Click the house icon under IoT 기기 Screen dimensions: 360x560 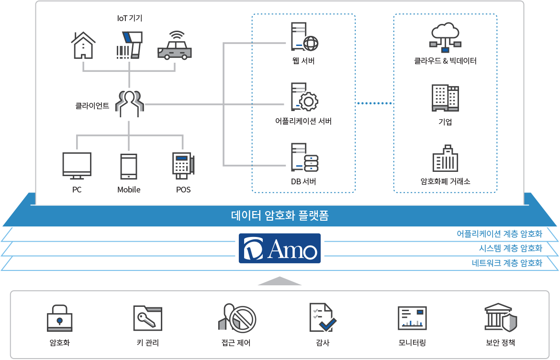tap(83, 45)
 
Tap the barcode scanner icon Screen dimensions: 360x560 tap(129, 45)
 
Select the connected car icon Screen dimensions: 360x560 tap(174, 46)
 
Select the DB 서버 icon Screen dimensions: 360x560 tap(304, 157)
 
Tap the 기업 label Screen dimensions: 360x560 tap(445, 122)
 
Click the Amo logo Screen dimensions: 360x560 tap(280, 248)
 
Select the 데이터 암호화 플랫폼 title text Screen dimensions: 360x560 tap(280, 216)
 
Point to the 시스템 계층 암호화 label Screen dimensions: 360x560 tap(510, 248)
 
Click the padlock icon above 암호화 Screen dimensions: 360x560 tap(59, 317)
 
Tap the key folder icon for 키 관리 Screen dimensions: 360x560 tap(147, 317)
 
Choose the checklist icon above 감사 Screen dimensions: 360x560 tap(323, 317)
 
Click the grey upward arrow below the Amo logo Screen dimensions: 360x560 tap(280, 281)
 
